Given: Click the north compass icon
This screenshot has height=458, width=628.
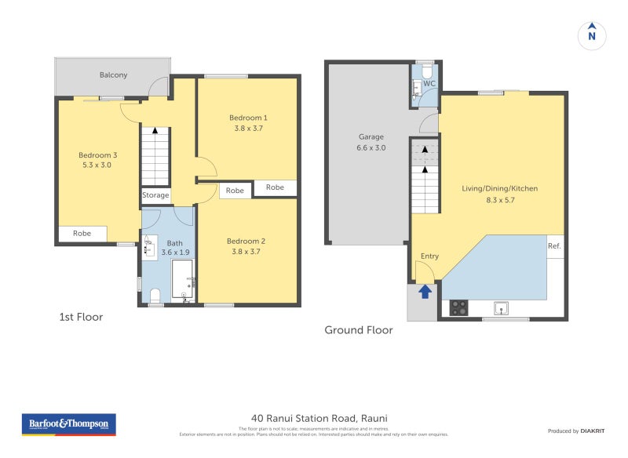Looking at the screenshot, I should tap(592, 35).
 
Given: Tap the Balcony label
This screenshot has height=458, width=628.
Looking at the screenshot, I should tap(114, 75).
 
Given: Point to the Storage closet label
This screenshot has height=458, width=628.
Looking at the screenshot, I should tap(155, 195).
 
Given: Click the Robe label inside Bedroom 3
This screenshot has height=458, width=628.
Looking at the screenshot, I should tap(82, 233).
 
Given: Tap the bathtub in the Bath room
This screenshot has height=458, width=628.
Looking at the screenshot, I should tap(182, 280).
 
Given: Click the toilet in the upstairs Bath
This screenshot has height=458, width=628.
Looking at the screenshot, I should tap(155, 296).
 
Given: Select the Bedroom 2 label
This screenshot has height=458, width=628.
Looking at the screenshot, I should tap(246, 241).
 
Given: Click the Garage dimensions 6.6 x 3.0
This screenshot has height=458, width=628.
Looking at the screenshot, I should tap(371, 147).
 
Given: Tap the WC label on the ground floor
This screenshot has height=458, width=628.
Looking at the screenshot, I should tap(429, 83).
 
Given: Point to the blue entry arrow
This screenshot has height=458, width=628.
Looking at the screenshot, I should tap(425, 292).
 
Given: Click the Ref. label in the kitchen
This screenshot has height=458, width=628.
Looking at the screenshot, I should tap(554, 246).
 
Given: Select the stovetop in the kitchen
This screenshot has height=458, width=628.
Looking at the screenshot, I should tap(459, 308).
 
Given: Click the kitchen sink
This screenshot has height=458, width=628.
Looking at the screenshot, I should tap(499, 307).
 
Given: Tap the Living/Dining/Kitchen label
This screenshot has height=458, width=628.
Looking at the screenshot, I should tap(499, 188).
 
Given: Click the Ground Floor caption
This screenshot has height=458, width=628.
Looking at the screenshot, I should tap(359, 330).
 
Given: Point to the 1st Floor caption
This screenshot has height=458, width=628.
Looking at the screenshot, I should tap(81, 317).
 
